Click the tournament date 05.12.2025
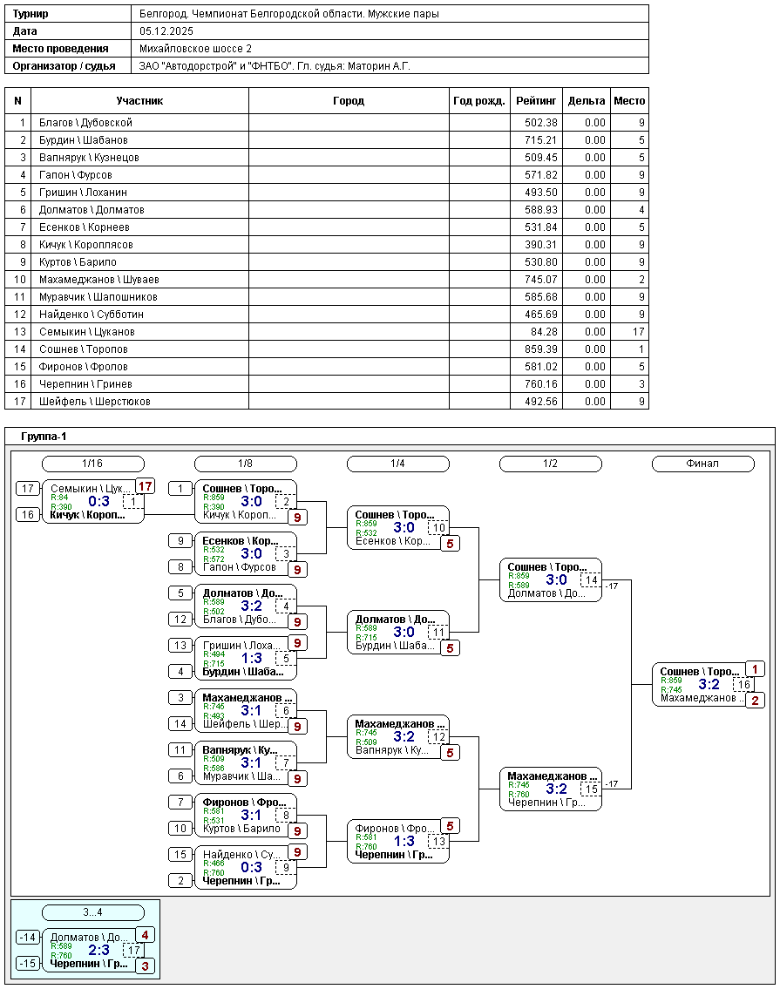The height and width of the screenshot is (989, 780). [x=166, y=31]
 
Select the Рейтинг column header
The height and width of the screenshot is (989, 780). [x=536, y=101]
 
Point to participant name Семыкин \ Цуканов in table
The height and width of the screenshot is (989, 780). [x=87, y=332]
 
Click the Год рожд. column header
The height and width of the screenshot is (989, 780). [x=479, y=101]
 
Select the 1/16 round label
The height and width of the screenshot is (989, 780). [x=93, y=464]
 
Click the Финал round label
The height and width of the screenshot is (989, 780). [x=702, y=464]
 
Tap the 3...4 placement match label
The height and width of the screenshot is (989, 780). [x=93, y=912]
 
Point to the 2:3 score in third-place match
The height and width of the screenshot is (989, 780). [x=99, y=950]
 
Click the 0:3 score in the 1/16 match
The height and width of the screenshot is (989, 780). [x=99, y=501]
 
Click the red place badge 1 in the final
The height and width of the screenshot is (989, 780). [x=755, y=669]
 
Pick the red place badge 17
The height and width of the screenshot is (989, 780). [x=145, y=486]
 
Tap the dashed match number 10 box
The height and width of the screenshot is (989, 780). [x=438, y=528]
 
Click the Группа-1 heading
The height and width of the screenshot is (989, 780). [x=44, y=437]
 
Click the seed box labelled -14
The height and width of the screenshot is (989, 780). [x=29, y=938]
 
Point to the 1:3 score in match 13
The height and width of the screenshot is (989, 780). [x=404, y=841]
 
